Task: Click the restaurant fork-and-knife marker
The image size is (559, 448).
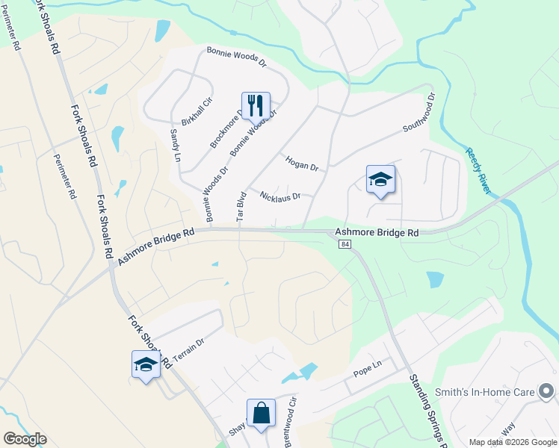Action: click(x=256, y=106)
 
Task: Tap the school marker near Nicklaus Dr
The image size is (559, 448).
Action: click(x=380, y=179)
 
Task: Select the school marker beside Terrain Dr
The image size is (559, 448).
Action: click(x=146, y=364)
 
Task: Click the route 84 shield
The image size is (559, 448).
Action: click(x=344, y=246)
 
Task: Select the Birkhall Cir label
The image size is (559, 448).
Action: click(x=197, y=111)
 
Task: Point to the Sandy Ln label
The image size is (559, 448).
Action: click(x=176, y=145)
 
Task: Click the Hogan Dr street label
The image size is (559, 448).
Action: click(x=302, y=164)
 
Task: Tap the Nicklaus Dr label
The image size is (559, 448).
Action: click(x=279, y=196)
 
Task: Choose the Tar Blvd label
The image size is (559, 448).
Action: click(x=241, y=207)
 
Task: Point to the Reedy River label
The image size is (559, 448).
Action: click(x=478, y=171)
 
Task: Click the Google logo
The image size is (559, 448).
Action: click(x=25, y=439)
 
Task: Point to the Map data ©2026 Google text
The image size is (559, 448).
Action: click(x=512, y=442)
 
